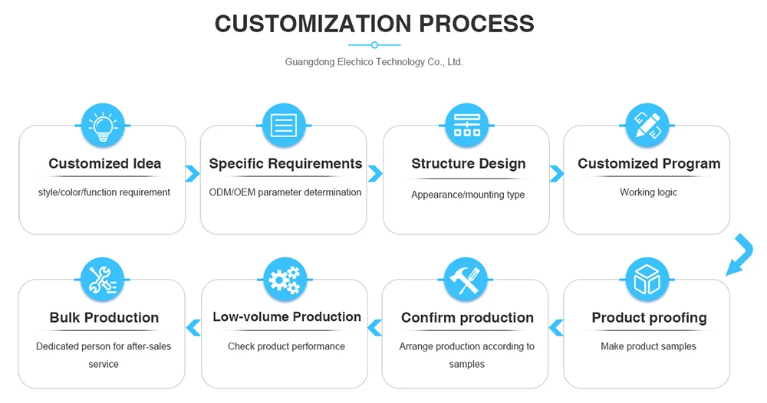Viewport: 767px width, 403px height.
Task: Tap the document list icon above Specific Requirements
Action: coord(284,126)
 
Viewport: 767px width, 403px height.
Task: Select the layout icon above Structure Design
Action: coord(466,126)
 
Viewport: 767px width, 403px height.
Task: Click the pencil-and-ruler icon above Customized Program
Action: coord(647,126)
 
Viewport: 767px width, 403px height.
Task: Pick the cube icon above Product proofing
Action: coord(647,280)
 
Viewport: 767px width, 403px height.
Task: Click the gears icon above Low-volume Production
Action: coord(285,280)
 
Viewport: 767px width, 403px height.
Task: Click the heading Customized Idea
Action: coord(105,163)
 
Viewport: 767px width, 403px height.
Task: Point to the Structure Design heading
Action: coord(469,163)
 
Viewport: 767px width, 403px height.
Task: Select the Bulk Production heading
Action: coord(104,317)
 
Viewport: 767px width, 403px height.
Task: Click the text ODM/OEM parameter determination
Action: coord(285,192)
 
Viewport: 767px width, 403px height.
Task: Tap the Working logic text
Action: coord(649,192)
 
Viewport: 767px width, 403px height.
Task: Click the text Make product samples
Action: coord(649,346)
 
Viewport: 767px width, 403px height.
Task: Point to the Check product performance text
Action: coord(286,346)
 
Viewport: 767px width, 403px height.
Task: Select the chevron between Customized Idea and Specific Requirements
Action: coord(193,173)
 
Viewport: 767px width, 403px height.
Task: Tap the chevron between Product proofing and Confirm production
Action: coord(556,328)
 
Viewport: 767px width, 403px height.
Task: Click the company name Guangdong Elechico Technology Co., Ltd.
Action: coord(374,62)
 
